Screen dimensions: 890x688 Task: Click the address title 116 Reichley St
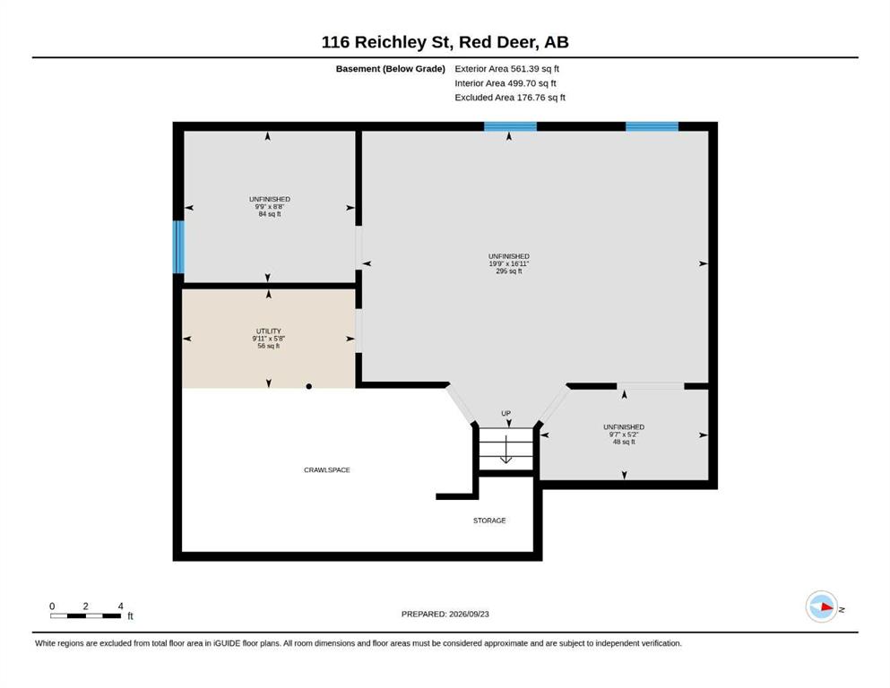(x=387, y=42)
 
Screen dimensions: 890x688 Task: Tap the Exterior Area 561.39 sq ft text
(x=507, y=69)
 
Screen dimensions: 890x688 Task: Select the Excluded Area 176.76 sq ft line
(x=510, y=98)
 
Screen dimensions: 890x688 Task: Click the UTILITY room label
(x=269, y=331)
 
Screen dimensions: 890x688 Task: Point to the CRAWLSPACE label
(x=327, y=470)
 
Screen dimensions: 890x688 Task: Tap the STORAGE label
(x=489, y=520)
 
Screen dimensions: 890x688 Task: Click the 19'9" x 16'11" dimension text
(x=509, y=263)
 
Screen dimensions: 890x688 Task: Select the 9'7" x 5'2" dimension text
(x=624, y=434)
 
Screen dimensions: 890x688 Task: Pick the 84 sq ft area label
(x=270, y=214)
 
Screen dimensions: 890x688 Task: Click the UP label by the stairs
(x=505, y=414)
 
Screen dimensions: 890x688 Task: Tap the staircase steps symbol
(x=505, y=449)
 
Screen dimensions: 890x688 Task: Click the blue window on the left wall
(x=178, y=246)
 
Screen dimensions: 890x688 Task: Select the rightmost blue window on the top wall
(x=652, y=126)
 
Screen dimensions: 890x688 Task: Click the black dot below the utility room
(x=309, y=387)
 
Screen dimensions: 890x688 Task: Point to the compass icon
(x=822, y=606)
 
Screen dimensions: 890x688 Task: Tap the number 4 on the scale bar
(x=120, y=606)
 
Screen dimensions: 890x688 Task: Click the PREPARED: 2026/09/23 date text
(x=445, y=615)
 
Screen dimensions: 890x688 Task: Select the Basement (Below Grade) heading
(x=391, y=69)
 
